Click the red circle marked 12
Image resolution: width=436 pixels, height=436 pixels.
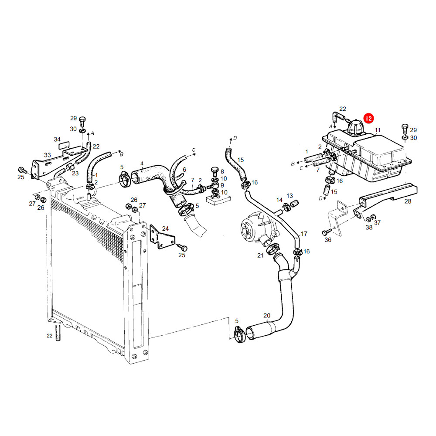coord(368,119)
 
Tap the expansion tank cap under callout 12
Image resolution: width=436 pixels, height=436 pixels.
coord(355,128)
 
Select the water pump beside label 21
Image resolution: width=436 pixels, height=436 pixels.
coord(259,228)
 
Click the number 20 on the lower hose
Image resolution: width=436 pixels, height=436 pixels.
coord(267,316)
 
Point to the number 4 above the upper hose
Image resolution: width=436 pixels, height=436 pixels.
coord(142,163)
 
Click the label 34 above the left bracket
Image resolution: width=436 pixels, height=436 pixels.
coord(57,140)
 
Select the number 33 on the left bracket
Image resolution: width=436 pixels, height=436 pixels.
coord(47,155)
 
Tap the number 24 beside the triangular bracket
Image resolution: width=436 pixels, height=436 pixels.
coord(165,228)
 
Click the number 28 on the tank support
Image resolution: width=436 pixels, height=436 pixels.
coord(408,201)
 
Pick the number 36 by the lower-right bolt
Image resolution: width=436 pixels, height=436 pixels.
coord(328,240)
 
